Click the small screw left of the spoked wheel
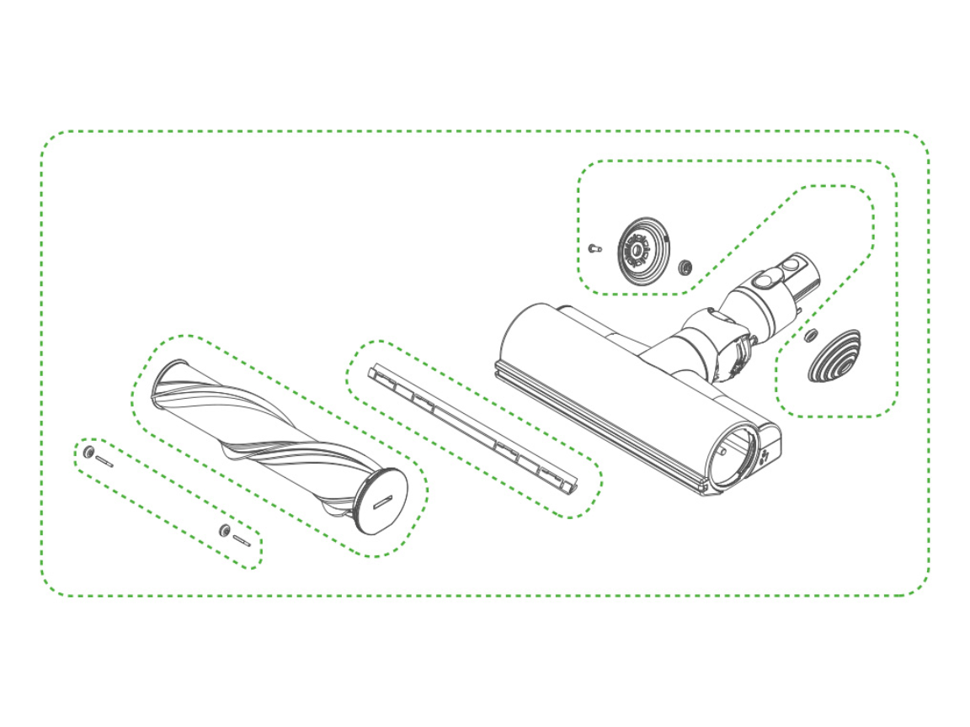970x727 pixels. pos(595,248)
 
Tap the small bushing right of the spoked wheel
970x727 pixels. pos(685,268)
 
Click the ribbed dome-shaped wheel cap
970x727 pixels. pos(833,357)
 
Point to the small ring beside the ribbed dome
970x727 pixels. pos(810,337)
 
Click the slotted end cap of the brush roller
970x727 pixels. pos(381,501)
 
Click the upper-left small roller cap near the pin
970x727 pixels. pos(88,454)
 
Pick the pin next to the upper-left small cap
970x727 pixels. pos(105,461)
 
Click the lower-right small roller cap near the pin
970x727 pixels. pos(224,529)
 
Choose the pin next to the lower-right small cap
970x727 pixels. pos(242,539)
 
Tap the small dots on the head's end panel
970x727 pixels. pos(765,454)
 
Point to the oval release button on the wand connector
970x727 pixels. pos(767,279)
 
